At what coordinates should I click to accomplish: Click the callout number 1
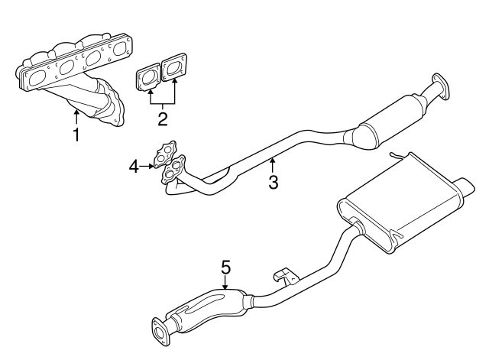point(76,135)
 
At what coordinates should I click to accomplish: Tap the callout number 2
point(162,118)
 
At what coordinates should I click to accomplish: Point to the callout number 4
point(133,164)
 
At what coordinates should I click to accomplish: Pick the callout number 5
point(225,267)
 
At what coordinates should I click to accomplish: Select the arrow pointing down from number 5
point(225,282)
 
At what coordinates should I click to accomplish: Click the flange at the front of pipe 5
point(161,330)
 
